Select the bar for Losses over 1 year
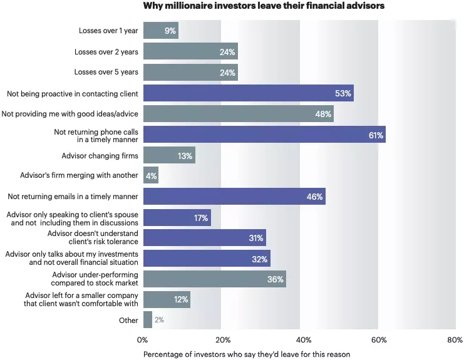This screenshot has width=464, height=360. tap(161, 30)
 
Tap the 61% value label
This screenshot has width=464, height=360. tap(376, 135)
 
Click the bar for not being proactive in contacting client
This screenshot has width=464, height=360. tap(248, 93)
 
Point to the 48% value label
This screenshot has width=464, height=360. tap(324, 114)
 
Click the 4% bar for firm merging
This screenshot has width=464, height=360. tap(151, 175)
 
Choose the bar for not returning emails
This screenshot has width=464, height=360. tap(234, 197)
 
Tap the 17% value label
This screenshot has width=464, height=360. tap(202, 218)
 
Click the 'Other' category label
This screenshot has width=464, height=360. tap(128, 320)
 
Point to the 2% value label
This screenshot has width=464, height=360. tap(159, 320)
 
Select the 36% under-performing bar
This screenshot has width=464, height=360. tap(214, 279)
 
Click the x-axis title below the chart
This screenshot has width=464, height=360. tap(247, 354)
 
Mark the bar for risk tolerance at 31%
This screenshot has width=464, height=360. tap(205, 238)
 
